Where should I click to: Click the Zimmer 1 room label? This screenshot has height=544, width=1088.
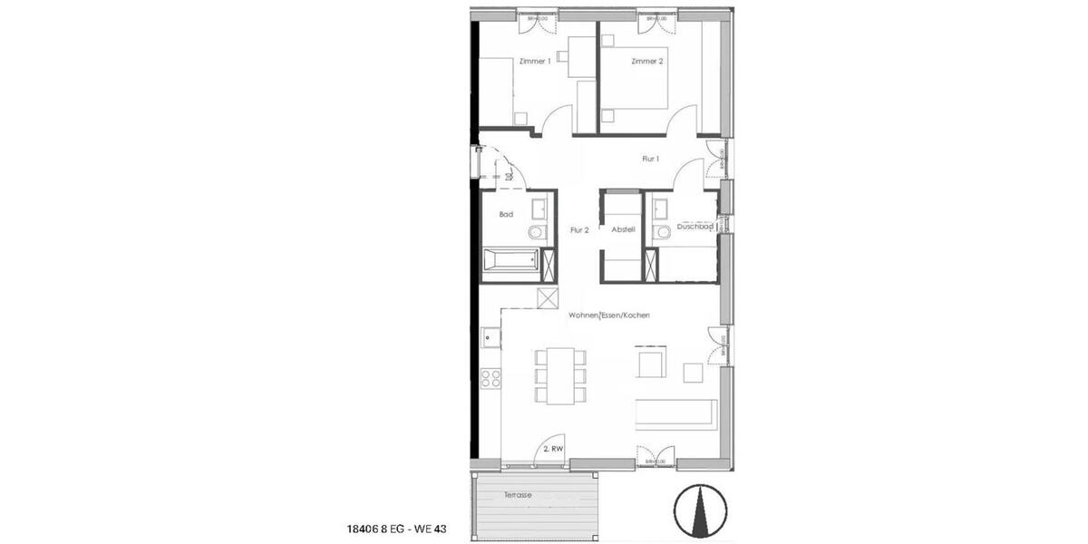[x=535, y=61]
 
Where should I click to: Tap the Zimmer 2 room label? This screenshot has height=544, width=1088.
[x=647, y=61]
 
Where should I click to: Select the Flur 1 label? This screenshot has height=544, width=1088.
[x=650, y=159]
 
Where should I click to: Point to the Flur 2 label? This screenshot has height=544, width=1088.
[x=580, y=230]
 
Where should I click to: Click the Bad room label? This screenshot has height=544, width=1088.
[x=506, y=215]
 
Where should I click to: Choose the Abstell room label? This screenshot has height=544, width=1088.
[x=622, y=230]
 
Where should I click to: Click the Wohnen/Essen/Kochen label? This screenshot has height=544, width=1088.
[x=609, y=315]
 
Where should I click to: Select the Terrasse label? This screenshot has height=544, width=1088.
[x=520, y=496]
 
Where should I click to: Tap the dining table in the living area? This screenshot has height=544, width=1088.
[x=562, y=375]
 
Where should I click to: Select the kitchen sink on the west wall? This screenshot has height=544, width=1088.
[x=490, y=338]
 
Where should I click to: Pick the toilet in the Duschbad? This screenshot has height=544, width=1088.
[x=663, y=233]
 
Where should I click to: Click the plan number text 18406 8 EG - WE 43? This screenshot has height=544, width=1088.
[x=398, y=528]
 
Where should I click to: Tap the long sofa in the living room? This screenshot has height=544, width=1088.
[x=676, y=413]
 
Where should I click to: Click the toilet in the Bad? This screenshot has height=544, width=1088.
[x=536, y=233]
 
